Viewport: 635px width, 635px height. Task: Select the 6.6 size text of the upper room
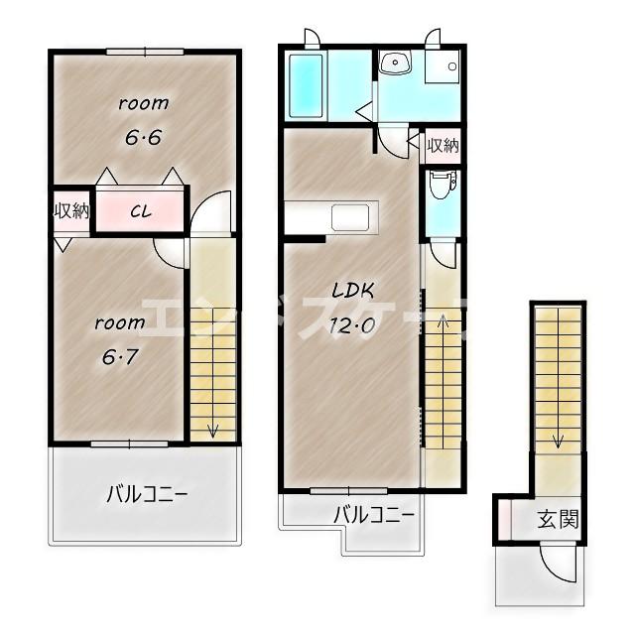pos(143,138)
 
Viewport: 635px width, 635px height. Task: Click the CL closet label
pos(139,210)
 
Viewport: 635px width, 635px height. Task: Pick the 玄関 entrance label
pos(558,519)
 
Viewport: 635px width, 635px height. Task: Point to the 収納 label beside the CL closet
pos(71,210)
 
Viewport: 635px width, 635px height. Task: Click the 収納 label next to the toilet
pos(443,146)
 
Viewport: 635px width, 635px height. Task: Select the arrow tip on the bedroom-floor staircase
pos(212,431)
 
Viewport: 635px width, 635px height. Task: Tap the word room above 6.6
pos(144,102)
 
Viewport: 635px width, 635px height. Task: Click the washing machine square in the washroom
pos(443,67)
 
